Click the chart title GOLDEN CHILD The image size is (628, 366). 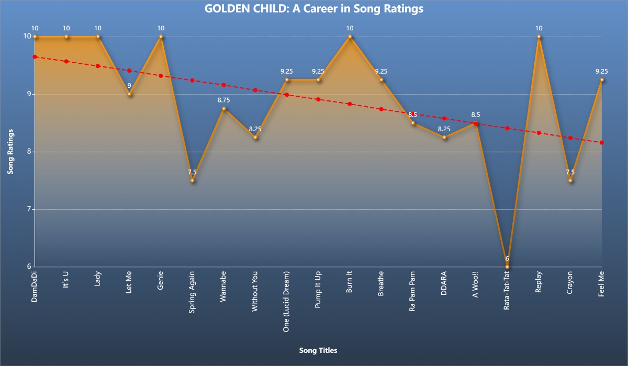(x=314, y=9)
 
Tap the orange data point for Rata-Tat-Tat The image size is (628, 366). (x=507, y=267)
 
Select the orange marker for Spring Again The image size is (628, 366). (x=192, y=180)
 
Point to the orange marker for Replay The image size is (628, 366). (x=539, y=37)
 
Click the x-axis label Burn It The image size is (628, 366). (x=350, y=282)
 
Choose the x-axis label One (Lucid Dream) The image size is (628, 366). (x=286, y=302)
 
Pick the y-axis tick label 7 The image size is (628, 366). (x=28, y=209)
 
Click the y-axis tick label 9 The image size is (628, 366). (x=28, y=94)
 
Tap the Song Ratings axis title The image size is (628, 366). (x=10, y=152)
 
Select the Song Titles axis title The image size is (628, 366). (x=318, y=350)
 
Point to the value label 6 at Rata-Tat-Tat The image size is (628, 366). (x=507, y=259)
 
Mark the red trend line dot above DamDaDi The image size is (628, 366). (x=35, y=56)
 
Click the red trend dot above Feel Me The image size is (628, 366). (x=602, y=143)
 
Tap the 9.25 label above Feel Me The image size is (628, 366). (x=602, y=72)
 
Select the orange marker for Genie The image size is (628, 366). (x=161, y=37)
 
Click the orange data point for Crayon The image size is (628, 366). (x=570, y=180)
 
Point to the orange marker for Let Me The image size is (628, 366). (x=129, y=94)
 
